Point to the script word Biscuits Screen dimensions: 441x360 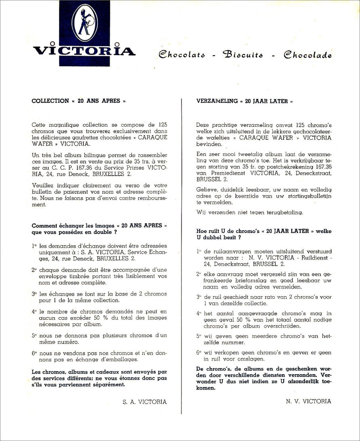243,55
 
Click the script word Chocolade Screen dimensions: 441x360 307,55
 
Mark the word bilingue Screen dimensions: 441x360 99,155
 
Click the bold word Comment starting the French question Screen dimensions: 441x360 44,226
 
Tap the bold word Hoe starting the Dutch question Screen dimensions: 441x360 202,231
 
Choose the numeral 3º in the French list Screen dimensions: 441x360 34,294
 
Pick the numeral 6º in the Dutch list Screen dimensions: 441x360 199,353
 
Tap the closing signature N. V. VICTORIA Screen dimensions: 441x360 308,401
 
